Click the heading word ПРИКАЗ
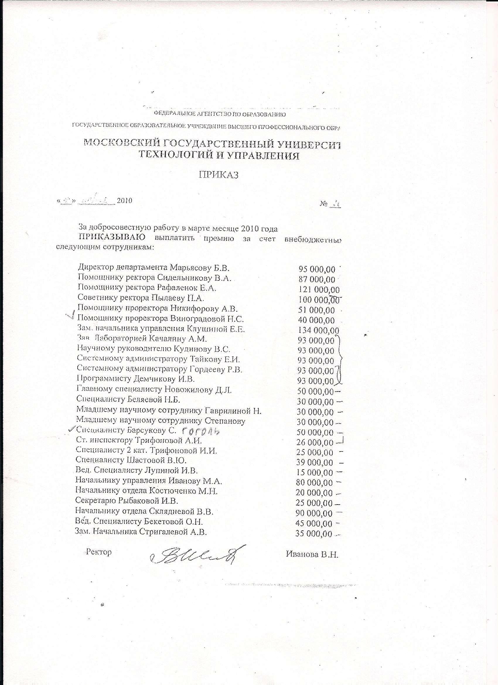pos(218,175)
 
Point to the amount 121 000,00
pos(319,290)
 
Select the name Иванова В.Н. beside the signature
pos(312,554)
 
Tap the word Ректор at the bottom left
pos(99,552)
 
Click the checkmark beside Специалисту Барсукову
pos(71,429)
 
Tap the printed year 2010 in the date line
pos(125,200)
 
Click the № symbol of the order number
pos(324,204)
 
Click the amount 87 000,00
pos(317,280)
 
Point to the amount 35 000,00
pos(314,534)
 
